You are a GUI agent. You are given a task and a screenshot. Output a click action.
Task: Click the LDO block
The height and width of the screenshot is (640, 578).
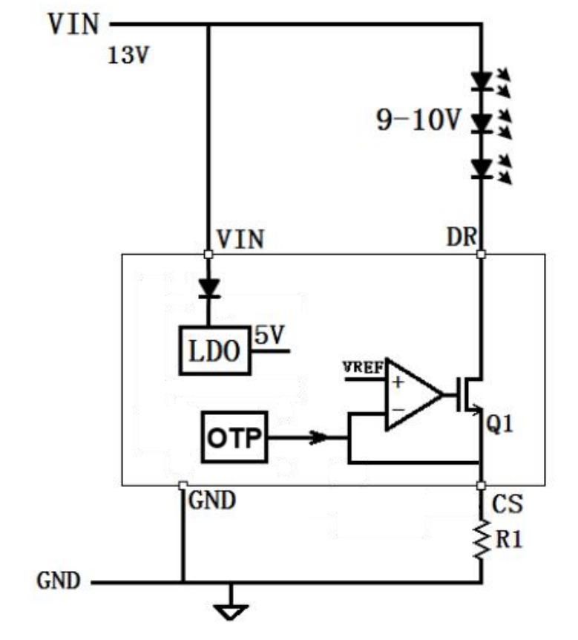click(215, 350)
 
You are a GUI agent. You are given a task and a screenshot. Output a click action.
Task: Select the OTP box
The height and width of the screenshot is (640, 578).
click(234, 437)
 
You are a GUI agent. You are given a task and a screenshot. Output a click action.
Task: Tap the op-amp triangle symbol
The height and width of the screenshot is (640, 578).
click(414, 395)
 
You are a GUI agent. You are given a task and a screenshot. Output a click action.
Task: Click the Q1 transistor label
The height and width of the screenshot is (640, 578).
click(499, 423)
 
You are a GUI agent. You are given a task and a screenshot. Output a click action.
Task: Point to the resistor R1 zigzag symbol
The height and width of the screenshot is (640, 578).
click(482, 540)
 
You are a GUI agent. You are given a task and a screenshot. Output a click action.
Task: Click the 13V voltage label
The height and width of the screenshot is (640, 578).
click(128, 55)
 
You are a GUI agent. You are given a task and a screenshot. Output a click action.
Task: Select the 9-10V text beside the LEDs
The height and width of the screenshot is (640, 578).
click(418, 120)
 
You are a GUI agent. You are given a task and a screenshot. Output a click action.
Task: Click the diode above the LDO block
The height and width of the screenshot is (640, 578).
click(209, 288)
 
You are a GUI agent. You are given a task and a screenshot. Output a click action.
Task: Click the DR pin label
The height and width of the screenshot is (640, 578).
click(462, 237)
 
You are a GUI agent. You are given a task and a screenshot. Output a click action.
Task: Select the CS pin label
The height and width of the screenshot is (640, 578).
click(507, 503)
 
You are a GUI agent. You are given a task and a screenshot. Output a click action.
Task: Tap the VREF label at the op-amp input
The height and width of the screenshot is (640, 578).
click(363, 368)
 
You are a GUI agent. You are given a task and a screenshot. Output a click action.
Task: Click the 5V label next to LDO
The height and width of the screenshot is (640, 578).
click(269, 335)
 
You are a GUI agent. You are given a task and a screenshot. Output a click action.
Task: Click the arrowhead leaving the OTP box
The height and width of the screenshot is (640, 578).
click(319, 437)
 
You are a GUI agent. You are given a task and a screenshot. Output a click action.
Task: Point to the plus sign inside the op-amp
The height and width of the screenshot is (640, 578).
click(398, 382)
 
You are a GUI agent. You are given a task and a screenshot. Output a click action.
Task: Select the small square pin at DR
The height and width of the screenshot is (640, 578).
click(482, 254)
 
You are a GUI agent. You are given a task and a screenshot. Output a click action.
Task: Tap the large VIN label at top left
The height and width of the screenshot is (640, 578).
click(74, 24)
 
